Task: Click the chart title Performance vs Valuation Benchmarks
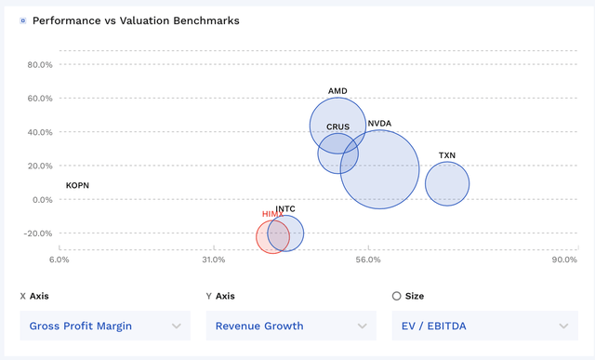click(136, 20)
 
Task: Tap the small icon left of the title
click(23, 20)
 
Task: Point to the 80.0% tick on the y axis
click(40, 65)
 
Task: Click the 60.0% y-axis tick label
click(40, 99)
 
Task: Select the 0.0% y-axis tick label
click(43, 200)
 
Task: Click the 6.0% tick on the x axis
click(59, 260)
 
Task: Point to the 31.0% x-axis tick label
click(214, 260)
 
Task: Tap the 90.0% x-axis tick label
click(564, 260)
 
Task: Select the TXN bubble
click(447, 183)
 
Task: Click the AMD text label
click(337, 91)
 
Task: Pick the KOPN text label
click(77, 186)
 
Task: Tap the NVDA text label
click(379, 123)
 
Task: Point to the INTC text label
click(285, 209)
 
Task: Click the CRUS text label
click(337, 127)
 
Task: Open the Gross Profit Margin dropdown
click(105, 326)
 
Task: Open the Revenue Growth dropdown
click(290, 326)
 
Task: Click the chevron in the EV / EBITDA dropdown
click(562, 326)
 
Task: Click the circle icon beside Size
click(397, 296)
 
